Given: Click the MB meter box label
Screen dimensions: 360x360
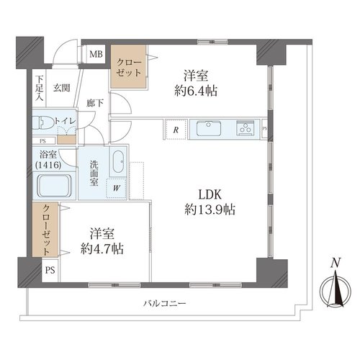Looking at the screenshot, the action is point(96,54).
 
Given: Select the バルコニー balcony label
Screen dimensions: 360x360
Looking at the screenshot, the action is point(165,304).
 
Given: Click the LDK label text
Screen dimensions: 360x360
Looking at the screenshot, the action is point(210,194).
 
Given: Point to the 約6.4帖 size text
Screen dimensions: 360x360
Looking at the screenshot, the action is point(196,91).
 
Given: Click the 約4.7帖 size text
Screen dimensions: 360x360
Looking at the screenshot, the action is point(102,248).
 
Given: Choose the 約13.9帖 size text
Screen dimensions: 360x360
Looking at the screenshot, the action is point(210,210).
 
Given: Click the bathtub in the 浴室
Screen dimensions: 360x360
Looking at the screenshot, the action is point(54,186).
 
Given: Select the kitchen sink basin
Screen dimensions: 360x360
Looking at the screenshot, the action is point(209,128).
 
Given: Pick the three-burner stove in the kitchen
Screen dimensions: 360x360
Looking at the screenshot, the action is point(246,127).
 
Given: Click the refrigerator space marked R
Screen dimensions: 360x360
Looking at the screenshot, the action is point(176,130).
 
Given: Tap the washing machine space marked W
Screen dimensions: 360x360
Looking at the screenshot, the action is point(117,188).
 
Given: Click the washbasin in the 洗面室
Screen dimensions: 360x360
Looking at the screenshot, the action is point(118,161).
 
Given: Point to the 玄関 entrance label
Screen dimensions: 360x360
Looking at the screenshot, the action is point(62,88).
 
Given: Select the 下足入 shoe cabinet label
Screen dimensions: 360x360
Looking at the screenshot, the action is point(40,88).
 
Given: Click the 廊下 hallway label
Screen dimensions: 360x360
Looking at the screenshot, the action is point(95,103).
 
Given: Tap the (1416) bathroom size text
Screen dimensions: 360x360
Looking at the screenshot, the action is point(48,165).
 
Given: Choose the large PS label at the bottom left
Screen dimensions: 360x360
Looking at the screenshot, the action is point(50,270).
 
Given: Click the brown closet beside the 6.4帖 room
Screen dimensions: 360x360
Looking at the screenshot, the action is point(128,67).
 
